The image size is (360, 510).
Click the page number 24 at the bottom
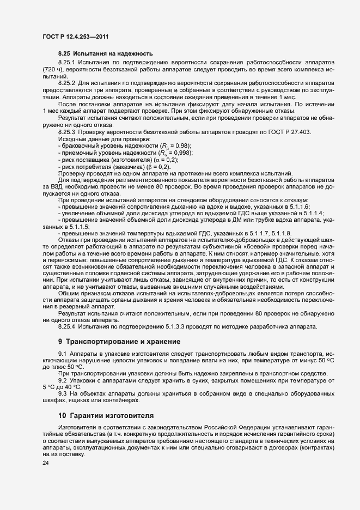(x=46, y=463)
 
